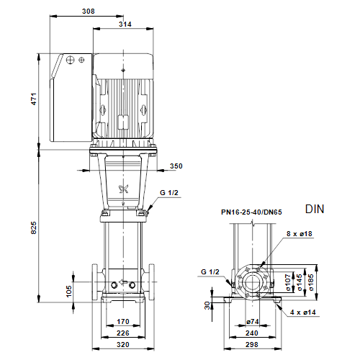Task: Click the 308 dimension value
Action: tap(89, 11)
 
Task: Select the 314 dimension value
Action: tap(125, 24)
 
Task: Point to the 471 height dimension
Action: tap(34, 99)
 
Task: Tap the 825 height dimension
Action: tap(34, 228)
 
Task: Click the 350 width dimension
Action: tap(176, 166)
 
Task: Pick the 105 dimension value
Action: tap(69, 291)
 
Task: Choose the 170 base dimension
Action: tap(123, 321)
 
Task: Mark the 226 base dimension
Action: tap(123, 333)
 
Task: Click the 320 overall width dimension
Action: tap(123, 345)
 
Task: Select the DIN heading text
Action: tap(315, 209)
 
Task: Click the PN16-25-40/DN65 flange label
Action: tap(251, 212)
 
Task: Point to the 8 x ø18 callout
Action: tap(300, 234)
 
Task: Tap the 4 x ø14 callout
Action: tap(303, 312)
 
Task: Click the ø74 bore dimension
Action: tap(253, 322)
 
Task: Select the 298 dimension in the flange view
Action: tap(252, 345)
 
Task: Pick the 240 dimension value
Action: tap(252, 333)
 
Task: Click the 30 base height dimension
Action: tap(207, 305)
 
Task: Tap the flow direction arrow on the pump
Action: tap(123, 282)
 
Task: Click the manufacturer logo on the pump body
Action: tap(124, 189)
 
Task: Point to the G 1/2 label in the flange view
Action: tap(210, 272)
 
